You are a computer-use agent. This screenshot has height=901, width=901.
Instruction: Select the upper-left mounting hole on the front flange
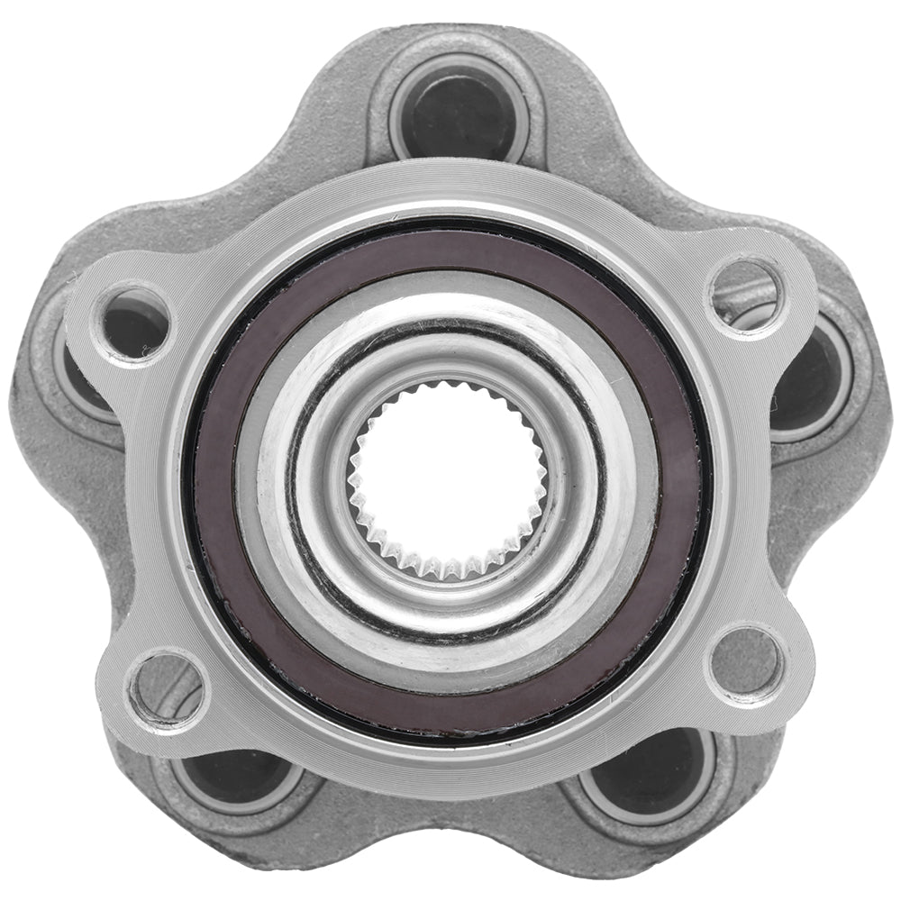[135, 320]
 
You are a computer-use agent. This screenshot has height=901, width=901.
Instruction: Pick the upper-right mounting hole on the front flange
[746, 293]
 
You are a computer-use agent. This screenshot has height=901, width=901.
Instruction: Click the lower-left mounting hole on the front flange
[167, 689]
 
